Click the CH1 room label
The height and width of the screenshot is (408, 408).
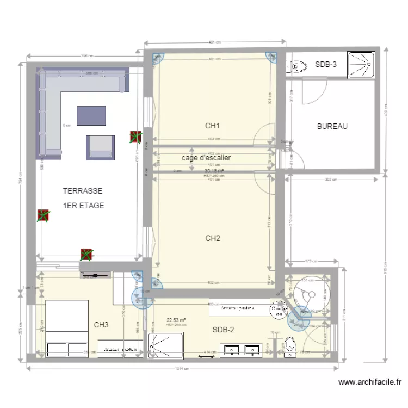click(212, 126)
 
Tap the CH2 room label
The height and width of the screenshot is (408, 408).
click(212, 238)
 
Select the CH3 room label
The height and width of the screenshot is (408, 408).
click(101, 325)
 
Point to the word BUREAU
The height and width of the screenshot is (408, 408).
click(332, 126)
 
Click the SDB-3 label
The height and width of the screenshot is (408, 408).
click(326, 65)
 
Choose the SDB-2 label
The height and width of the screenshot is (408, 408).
click(223, 330)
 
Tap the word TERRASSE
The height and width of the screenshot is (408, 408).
click(83, 191)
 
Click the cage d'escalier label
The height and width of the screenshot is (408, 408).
click(206, 158)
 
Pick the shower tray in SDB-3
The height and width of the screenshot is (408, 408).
click(362, 65)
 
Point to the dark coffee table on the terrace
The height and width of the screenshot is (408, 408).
click(91, 115)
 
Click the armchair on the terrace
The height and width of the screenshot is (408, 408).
click(101, 146)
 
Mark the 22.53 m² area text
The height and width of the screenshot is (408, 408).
click(176, 320)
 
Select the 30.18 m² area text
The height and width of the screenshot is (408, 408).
click(214, 171)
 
